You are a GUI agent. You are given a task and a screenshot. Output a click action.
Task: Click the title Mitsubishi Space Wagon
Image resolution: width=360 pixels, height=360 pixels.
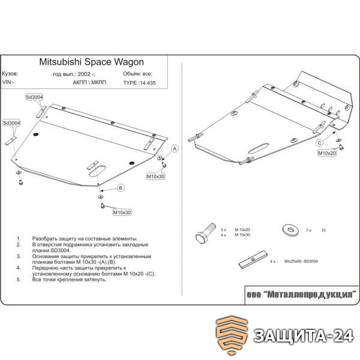[x=92, y=61]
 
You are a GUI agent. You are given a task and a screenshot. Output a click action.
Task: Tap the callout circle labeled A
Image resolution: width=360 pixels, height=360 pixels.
[x=175, y=148]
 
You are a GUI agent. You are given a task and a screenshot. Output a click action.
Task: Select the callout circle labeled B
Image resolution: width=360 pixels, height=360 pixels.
[x=120, y=189]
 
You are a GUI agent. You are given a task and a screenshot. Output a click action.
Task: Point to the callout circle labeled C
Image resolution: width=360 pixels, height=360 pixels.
[x=320, y=142]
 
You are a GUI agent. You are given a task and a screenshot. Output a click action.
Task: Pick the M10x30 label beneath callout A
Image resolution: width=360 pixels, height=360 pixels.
[x=155, y=177]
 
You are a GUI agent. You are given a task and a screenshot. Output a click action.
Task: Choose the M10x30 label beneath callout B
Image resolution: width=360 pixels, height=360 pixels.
[x=121, y=212]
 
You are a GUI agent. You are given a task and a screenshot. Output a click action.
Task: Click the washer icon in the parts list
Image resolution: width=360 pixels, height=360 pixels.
[x=287, y=229]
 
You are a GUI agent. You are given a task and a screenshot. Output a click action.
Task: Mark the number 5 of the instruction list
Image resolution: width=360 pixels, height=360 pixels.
[x=19, y=280]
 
